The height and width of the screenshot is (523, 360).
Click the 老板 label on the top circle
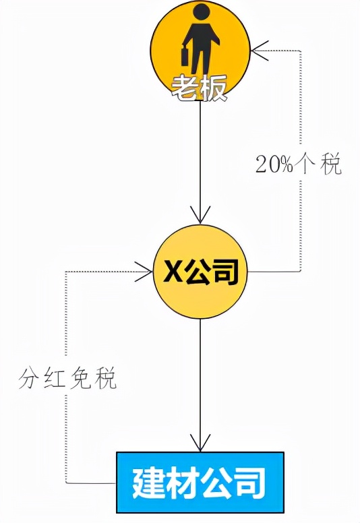pyautogui.click(x=199, y=88)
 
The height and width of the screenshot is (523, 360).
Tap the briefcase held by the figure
pyautogui.click(x=186, y=57)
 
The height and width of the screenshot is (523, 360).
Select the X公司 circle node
pyautogui.click(x=200, y=272)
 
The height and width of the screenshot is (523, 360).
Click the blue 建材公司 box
pyautogui.click(x=200, y=483)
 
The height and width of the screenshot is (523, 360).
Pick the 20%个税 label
pyautogui.click(x=299, y=164)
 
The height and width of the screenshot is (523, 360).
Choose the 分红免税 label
pyautogui.click(x=67, y=379)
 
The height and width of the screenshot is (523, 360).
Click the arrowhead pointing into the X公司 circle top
pyautogui.click(x=200, y=215)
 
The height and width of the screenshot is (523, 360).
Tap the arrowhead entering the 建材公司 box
pyautogui.click(x=200, y=443)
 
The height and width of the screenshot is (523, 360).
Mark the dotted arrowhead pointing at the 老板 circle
pyautogui.click(x=260, y=51)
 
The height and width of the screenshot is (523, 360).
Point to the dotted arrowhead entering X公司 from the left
pyautogui.click(x=144, y=272)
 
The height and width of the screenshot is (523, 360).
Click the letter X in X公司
pyautogui.click(x=172, y=272)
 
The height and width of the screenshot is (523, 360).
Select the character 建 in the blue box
pyautogui.click(x=149, y=483)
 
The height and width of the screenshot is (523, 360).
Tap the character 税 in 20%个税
pyautogui.click(x=331, y=164)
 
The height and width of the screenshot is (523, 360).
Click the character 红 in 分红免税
pyautogui.click(x=55, y=379)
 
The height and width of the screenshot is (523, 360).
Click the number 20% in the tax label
pyautogui.click(x=274, y=164)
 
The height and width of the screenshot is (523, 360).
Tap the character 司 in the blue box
pyautogui.click(x=249, y=483)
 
